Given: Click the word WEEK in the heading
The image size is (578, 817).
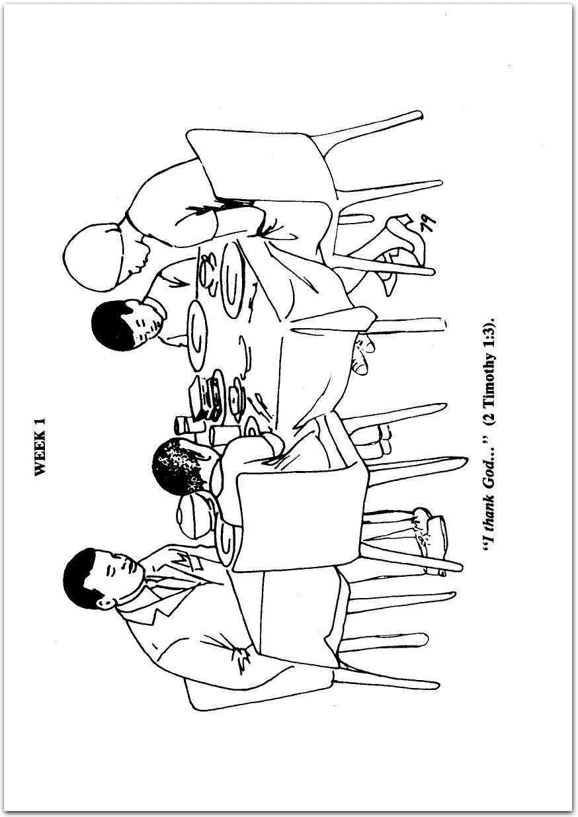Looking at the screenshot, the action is click(x=40, y=454).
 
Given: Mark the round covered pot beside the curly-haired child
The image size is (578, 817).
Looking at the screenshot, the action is click(x=195, y=514).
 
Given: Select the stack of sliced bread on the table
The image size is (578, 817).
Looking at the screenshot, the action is click(x=207, y=398).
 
